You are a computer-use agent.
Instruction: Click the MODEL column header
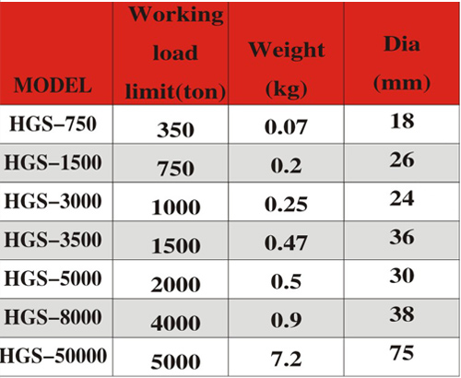[x=53, y=85]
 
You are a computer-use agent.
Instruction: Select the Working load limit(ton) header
[x=175, y=53]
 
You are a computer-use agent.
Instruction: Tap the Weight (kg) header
[x=287, y=69]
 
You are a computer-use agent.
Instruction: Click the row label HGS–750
[x=53, y=124]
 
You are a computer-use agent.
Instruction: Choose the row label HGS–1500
[x=53, y=162]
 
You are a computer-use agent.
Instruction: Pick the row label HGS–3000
[x=53, y=201]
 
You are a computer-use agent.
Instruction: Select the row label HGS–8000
[x=53, y=317]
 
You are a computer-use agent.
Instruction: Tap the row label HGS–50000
[x=53, y=356]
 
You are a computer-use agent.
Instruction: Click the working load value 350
[x=175, y=130]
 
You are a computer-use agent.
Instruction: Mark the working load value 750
[x=175, y=169]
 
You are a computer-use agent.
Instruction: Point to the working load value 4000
[x=175, y=323]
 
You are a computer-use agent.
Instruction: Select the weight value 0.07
[x=286, y=127]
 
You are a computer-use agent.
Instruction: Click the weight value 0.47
[x=286, y=242]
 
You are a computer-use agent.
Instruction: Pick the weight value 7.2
[x=286, y=359]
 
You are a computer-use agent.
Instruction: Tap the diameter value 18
[x=402, y=121]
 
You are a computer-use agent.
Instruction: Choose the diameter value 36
[x=402, y=237]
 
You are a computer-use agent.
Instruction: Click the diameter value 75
[x=402, y=353]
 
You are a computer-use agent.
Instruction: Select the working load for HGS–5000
[x=175, y=284]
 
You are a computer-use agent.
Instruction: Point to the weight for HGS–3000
[x=286, y=204]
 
